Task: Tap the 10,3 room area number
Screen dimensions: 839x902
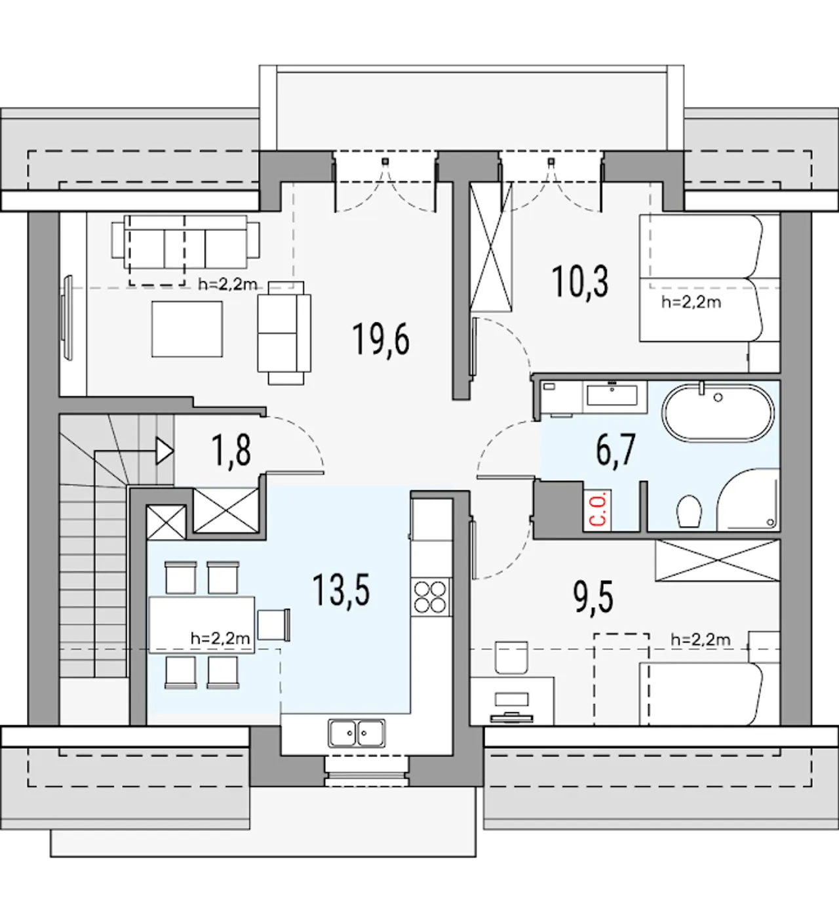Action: (580, 282)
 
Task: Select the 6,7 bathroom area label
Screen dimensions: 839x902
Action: (615, 449)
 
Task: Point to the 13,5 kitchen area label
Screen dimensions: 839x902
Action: (341, 590)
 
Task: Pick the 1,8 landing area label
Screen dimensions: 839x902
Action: (231, 451)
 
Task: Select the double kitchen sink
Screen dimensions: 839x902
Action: (357, 733)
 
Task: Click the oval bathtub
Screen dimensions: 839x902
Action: (718, 413)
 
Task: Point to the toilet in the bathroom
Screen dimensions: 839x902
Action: (689, 510)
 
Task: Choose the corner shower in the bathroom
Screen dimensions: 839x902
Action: (748, 500)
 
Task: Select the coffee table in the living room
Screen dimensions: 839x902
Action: (187, 329)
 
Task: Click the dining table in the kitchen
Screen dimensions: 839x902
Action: (202, 625)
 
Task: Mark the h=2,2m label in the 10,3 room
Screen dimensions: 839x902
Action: (691, 302)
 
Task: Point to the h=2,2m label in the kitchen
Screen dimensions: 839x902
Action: (220, 638)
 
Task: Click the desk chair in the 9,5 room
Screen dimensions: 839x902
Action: (511, 657)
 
